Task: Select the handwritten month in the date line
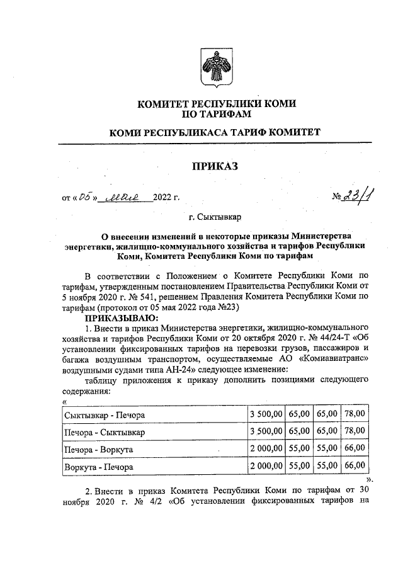[128, 198]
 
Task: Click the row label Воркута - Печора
[98, 467]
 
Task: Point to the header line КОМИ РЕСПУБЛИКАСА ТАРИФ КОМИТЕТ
[215, 133]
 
